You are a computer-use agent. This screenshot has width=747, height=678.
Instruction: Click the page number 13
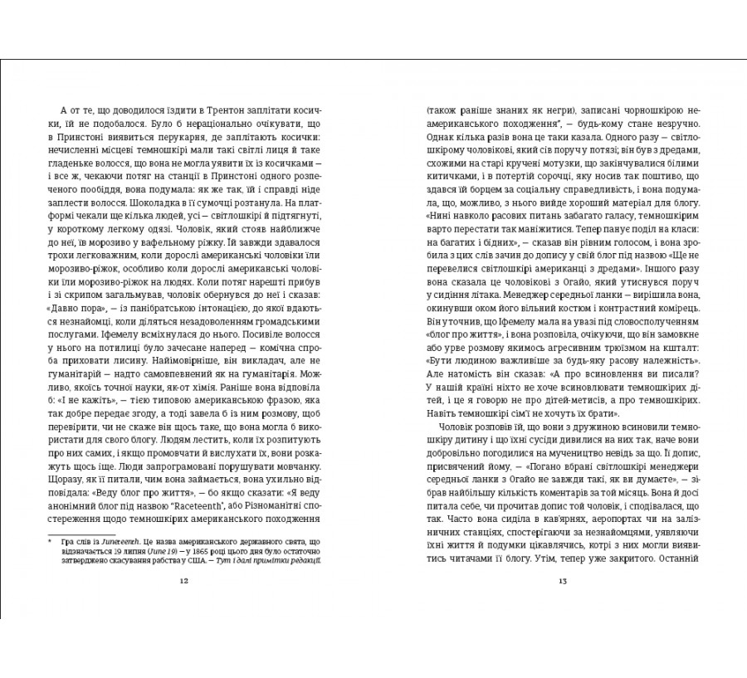point(562,580)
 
